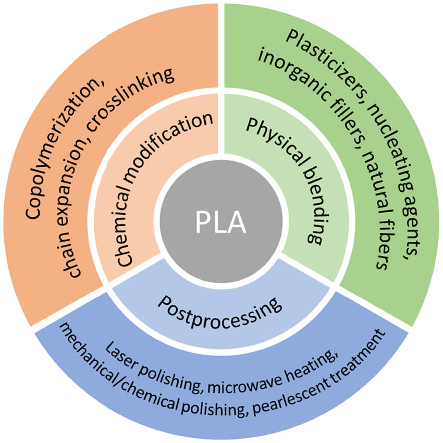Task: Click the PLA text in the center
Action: coord(221,221)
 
